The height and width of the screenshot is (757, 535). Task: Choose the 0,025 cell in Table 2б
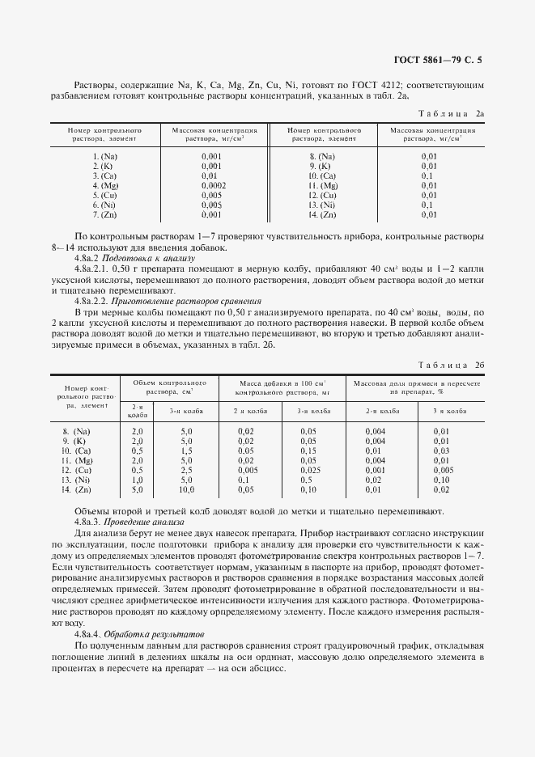(308, 470)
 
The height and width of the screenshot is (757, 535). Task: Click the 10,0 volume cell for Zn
(186, 490)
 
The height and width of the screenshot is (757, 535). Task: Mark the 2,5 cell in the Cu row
(186, 470)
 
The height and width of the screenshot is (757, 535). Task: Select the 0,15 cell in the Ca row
(308, 450)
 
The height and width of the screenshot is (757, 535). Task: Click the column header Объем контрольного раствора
(169, 386)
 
